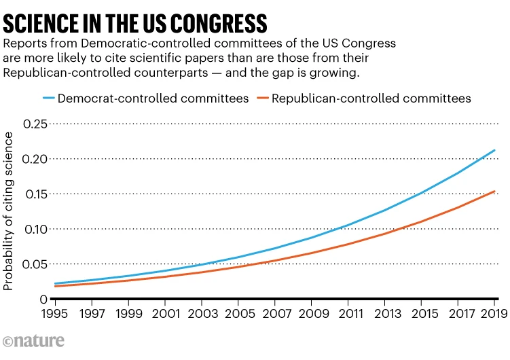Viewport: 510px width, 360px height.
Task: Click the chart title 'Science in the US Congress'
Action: tap(135, 22)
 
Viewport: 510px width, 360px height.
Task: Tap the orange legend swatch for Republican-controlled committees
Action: tap(261, 98)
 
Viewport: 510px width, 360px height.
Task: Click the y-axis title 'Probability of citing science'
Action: tap(9, 211)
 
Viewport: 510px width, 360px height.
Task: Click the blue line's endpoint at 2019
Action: tap(494, 150)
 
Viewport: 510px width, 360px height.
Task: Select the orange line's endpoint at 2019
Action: tap(494, 191)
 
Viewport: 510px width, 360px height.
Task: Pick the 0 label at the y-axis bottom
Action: tap(44, 299)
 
